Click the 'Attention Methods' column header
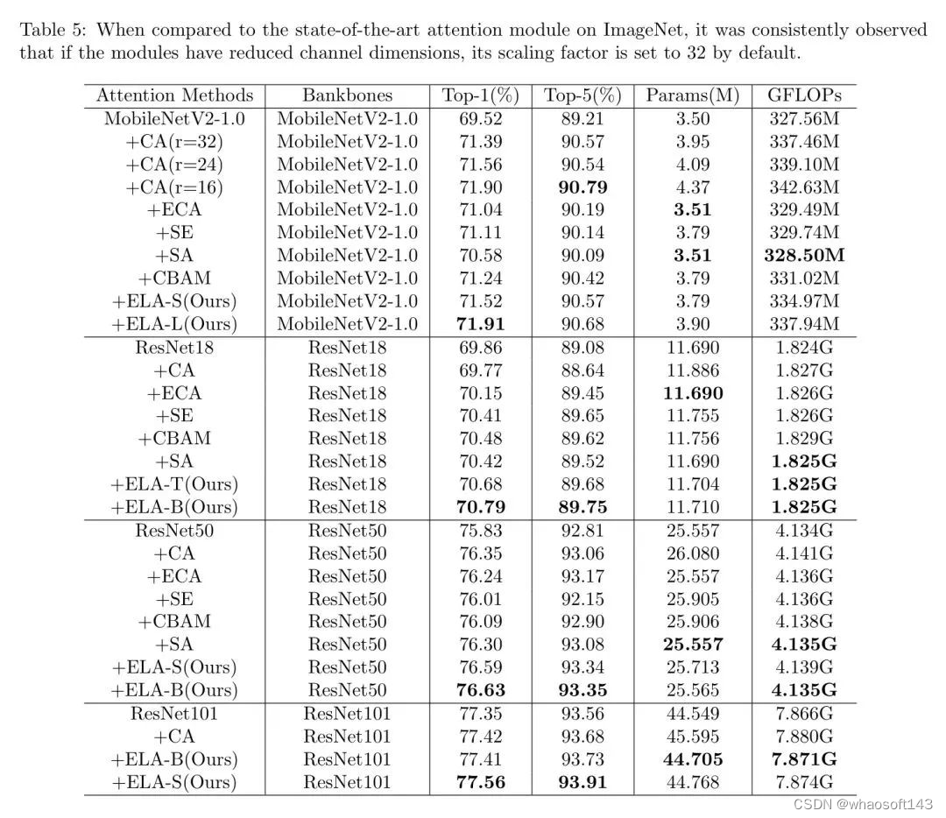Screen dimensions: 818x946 click(174, 95)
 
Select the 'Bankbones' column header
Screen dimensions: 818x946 click(348, 95)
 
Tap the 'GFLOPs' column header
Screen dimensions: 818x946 click(803, 95)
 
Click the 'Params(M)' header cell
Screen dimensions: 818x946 click(693, 95)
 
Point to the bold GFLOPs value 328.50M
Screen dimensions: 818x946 click(803, 256)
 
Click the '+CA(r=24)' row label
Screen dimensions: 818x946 click(174, 164)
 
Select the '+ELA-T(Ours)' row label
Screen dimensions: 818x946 click(174, 483)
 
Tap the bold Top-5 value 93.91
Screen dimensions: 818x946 click(582, 782)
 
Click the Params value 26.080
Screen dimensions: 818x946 click(693, 554)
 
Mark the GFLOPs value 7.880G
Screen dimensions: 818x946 click(803, 737)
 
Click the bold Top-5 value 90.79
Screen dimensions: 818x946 click(582, 187)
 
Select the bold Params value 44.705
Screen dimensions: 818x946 click(693, 759)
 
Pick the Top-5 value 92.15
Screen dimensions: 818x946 click(582, 599)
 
